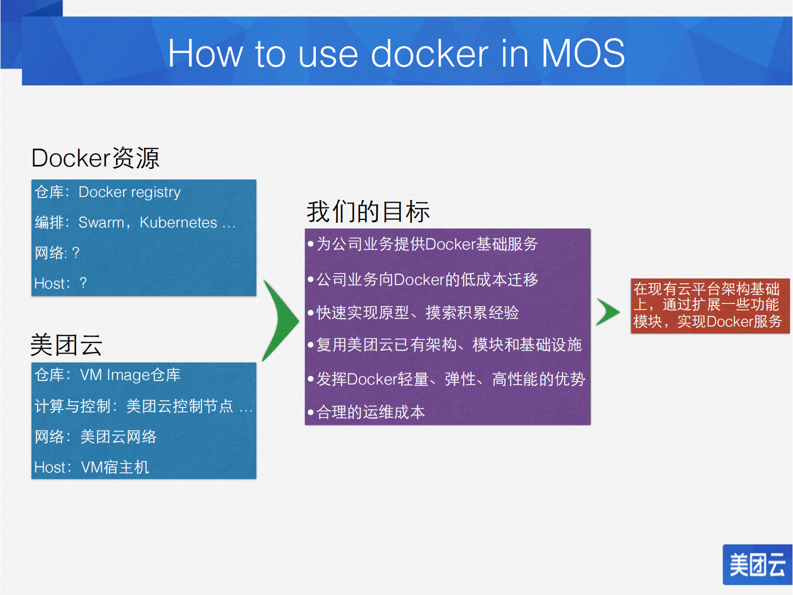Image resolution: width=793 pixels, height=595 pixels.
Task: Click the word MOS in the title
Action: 583,53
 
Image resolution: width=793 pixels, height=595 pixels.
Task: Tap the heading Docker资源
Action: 95,158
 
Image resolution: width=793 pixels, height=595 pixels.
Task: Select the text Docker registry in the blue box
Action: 129,192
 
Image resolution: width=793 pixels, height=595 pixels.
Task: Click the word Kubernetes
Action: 178,222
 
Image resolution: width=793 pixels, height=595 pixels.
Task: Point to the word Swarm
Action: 101,222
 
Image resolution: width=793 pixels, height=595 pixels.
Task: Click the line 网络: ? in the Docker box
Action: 57,253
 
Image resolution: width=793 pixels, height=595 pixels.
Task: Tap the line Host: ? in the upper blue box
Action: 60,283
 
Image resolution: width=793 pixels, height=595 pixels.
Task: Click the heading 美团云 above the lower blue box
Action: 66,345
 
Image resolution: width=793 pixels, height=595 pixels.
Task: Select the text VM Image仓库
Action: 130,375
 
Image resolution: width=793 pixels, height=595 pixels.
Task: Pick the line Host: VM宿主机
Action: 91,467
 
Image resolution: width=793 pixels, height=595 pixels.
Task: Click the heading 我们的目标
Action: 368,211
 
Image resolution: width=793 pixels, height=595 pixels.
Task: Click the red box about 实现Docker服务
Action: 710,305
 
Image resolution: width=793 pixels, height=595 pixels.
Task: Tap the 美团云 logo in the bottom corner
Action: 757,565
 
